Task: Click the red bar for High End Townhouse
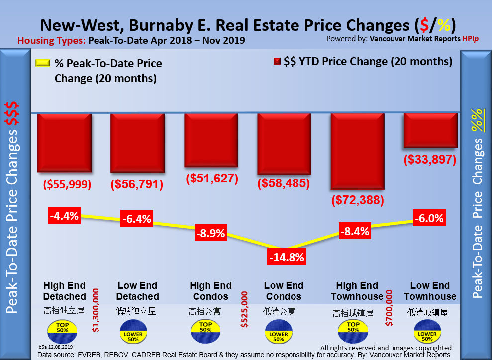(357, 151)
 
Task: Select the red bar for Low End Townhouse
(430, 130)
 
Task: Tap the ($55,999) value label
(68, 184)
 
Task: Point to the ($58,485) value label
(284, 183)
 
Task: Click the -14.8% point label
(286, 258)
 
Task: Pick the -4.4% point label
(64, 216)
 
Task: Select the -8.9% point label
(210, 232)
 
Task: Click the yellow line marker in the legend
(43, 63)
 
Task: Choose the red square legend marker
(277, 62)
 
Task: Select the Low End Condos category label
(283, 291)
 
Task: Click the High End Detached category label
(64, 291)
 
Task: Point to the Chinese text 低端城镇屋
(428, 312)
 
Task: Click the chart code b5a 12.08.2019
(55, 347)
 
